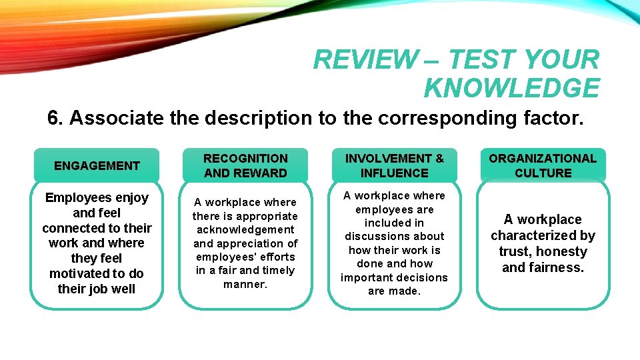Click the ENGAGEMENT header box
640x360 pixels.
(97, 166)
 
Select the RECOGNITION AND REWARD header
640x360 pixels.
(245, 166)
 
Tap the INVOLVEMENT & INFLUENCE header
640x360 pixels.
(394, 166)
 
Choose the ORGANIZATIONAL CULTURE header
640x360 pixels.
(543, 166)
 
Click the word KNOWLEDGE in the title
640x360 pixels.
(511, 88)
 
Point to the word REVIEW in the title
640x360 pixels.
(363, 60)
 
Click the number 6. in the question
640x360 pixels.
(55, 118)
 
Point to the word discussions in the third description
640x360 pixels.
(394, 236)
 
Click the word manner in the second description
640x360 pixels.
(245, 284)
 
